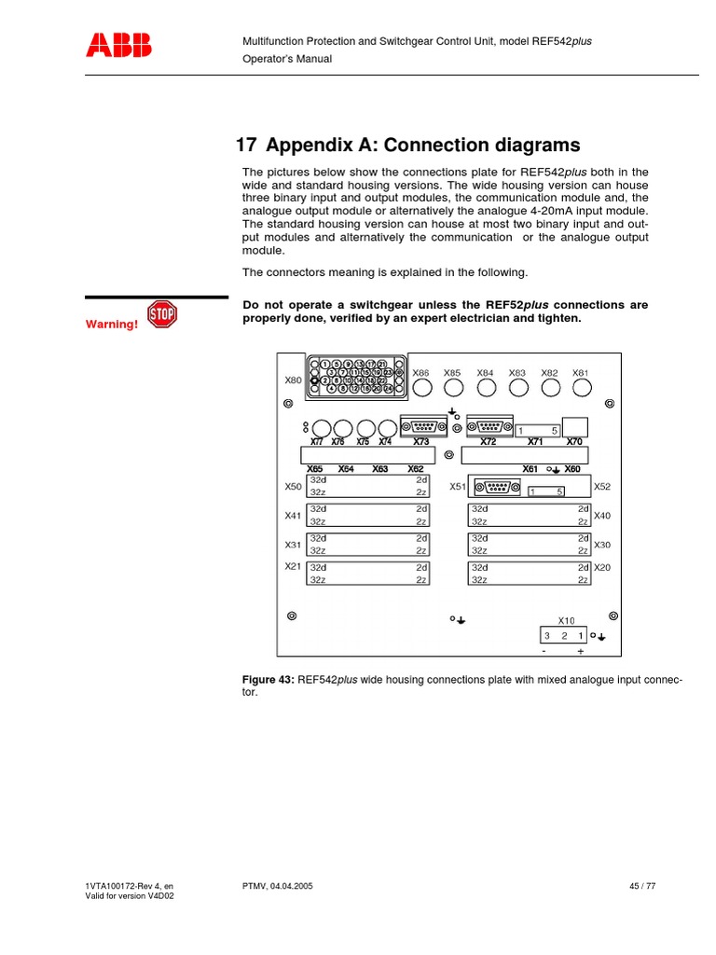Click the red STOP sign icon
162,315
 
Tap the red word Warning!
113,325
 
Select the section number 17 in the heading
245,145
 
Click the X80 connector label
293,381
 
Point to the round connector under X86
421,387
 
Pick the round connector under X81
581,387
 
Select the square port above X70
575,424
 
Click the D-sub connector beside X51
495,485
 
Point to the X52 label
601,487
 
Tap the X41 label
293,516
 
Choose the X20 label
601,567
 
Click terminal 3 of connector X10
548,635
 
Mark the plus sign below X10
580,652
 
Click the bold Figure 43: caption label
268,680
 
